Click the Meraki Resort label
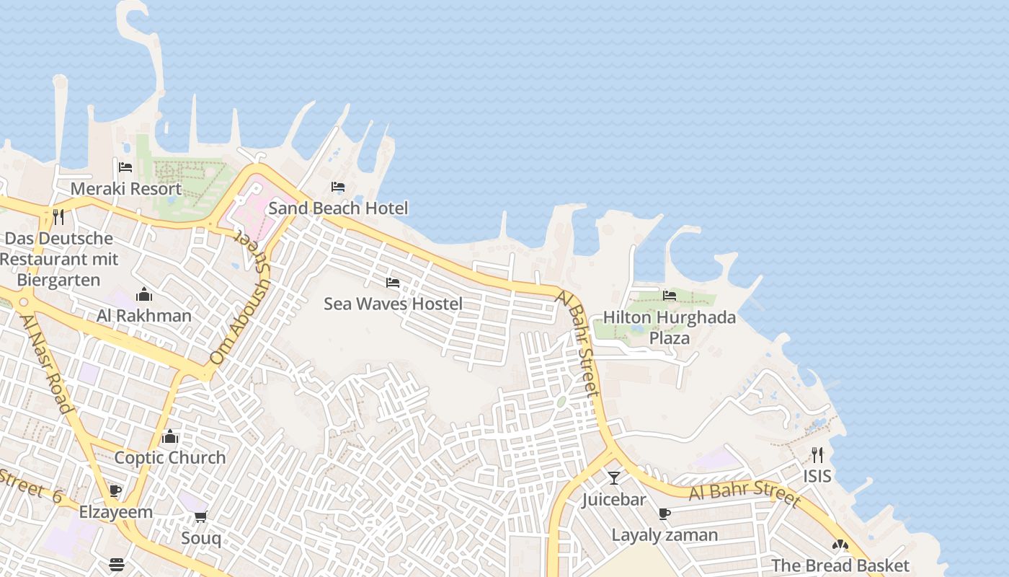pos(125,189)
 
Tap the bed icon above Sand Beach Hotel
pos(337,187)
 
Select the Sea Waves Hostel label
pos(393,304)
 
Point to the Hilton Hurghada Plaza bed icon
pos(669,295)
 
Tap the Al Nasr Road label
pos(47,364)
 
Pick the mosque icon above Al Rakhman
pos(144,294)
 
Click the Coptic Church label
pos(170,458)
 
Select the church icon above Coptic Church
pos(170,436)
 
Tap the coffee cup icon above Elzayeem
pos(115,491)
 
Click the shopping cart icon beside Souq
pos(201,516)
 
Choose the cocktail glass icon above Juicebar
pos(613,477)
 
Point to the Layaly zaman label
pos(664,535)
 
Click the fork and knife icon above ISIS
pos(817,454)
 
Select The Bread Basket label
pos(840,565)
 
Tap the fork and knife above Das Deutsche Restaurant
pos(58,216)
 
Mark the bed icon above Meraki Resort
pos(125,167)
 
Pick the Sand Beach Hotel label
pos(338,208)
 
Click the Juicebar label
pos(613,499)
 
